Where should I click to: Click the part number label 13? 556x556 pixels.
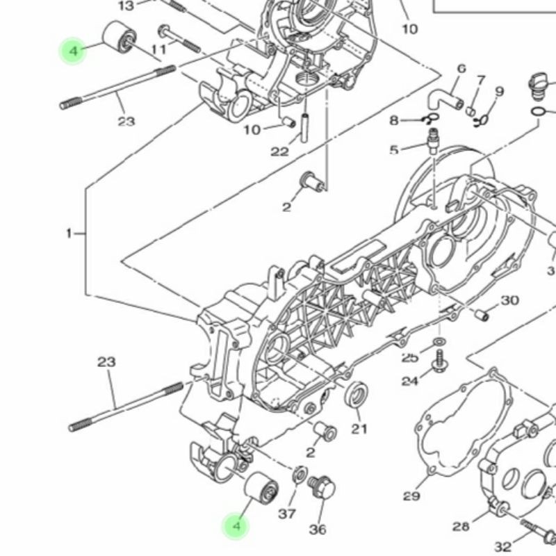[x=126, y=6]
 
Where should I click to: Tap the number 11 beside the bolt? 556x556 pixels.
[x=159, y=49]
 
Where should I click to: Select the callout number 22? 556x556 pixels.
[x=279, y=151]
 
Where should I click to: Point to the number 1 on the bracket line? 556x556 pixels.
[x=69, y=234]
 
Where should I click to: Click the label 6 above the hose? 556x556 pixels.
[x=461, y=68]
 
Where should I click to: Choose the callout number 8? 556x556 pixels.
[x=395, y=120]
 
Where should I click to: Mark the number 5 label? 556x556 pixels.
[x=394, y=149]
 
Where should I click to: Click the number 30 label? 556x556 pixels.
[x=509, y=300]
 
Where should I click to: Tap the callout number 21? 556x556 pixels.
[x=359, y=429]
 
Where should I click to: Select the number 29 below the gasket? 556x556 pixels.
[x=411, y=496]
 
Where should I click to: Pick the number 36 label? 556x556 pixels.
[x=318, y=530]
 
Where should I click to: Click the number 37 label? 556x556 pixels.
[x=286, y=514]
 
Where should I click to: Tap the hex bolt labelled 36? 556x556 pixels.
[x=322, y=488]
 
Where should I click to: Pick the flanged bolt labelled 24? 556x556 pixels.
[x=440, y=360]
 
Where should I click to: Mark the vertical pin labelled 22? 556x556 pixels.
[x=305, y=125]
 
